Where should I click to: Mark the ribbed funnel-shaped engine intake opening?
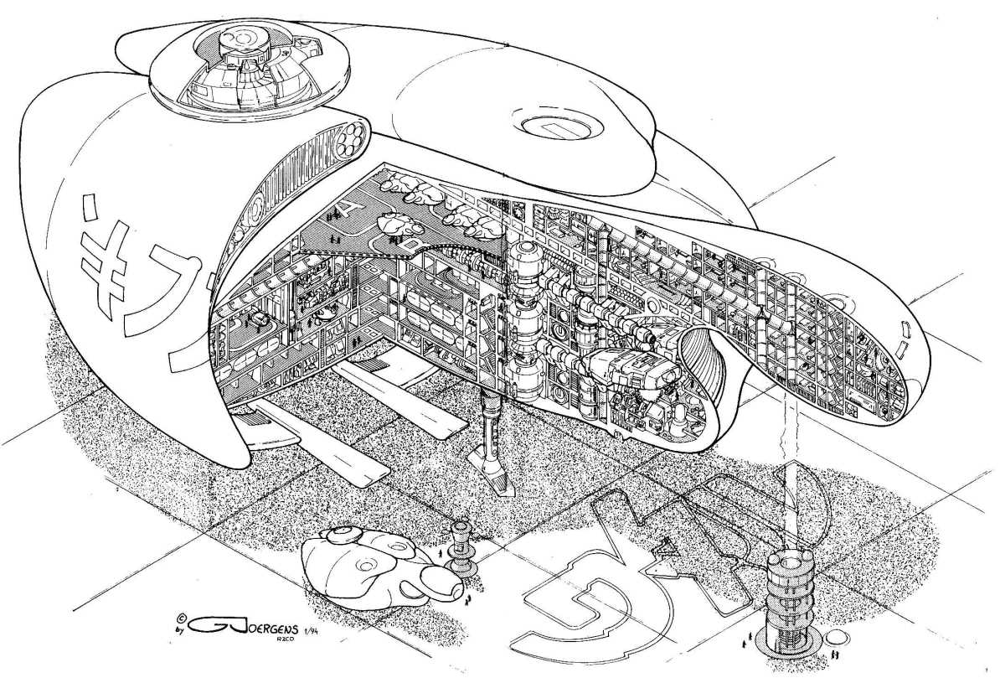click(704, 369)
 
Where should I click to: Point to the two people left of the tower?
click(745, 644)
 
